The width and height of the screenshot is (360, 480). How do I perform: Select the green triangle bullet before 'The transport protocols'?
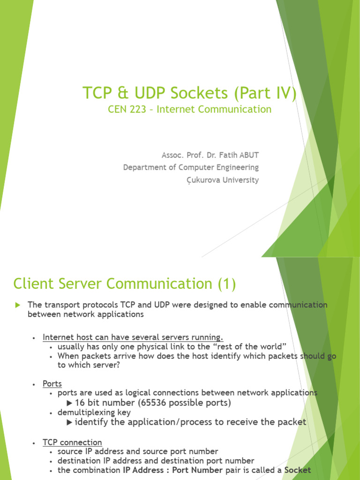[x=18, y=305]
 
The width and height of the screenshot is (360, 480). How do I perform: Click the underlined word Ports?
[x=52, y=384]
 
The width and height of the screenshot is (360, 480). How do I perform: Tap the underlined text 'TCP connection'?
[x=72, y=442]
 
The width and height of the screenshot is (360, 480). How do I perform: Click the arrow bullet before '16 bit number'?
[x=70, y=403]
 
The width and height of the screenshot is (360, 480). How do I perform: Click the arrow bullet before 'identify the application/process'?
[x=70, y=422]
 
